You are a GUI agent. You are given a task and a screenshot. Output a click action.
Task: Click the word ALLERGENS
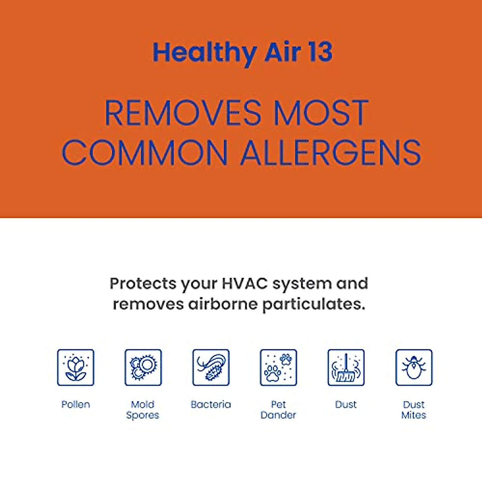pos(331,153)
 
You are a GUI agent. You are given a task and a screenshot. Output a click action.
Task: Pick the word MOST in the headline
pos(321,113)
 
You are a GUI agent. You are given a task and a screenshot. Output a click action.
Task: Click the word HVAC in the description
pos(245,283)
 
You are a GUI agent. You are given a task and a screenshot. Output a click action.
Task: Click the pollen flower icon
pos(76,368)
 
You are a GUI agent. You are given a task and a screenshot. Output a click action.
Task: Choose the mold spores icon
pos(143,368)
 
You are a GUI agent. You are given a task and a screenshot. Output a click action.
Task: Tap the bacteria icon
pos(211,368)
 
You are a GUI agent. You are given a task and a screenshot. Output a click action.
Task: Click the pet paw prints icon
pos(278,368)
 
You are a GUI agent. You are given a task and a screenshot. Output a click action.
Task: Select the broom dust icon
pos(346,368)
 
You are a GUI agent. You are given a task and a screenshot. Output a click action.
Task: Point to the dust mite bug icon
pos(414,368)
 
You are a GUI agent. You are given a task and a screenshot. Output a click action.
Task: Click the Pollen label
pos(76,404)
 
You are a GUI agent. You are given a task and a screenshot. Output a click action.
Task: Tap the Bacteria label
pos(211,404)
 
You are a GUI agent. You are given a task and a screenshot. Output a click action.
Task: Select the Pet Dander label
pos(278,410)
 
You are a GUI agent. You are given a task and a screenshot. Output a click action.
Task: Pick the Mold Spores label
pos(143,410)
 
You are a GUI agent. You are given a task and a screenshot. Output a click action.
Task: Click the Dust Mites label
pos(414,410)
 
